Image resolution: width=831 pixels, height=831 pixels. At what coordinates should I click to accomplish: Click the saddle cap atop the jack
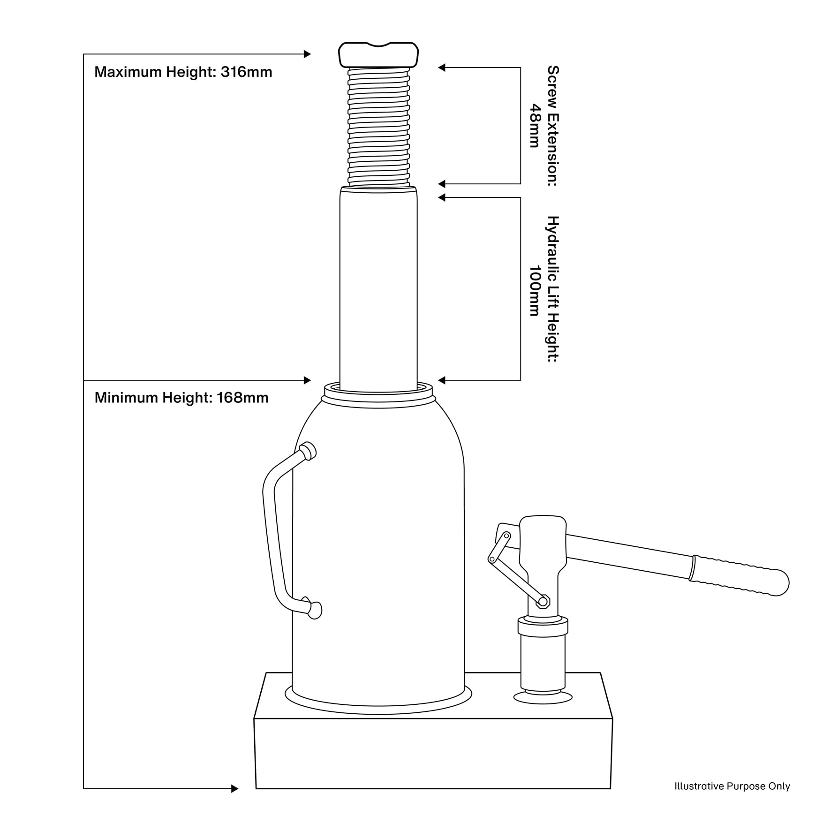click(x=378, y=54)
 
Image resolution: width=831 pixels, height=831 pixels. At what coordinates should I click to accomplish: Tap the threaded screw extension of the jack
click(x=378, y=127)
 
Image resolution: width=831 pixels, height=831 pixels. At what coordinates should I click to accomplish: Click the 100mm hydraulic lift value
click(x=535, y=291)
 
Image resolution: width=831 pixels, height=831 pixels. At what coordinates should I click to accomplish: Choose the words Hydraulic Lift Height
click(x=553, y=289)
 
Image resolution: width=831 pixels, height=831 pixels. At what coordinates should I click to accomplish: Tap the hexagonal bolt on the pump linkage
click(x=544, y=601)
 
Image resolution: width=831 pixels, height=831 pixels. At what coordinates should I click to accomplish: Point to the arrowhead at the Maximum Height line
click(x=307, y=54)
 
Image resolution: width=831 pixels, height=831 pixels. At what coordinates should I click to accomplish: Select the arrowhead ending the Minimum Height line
click(x=307, y=380)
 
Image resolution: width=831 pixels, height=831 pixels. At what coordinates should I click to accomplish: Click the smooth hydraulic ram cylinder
click(x=378, y=286)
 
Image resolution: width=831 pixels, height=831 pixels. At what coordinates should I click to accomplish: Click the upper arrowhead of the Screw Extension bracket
click(x=442, y=68)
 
